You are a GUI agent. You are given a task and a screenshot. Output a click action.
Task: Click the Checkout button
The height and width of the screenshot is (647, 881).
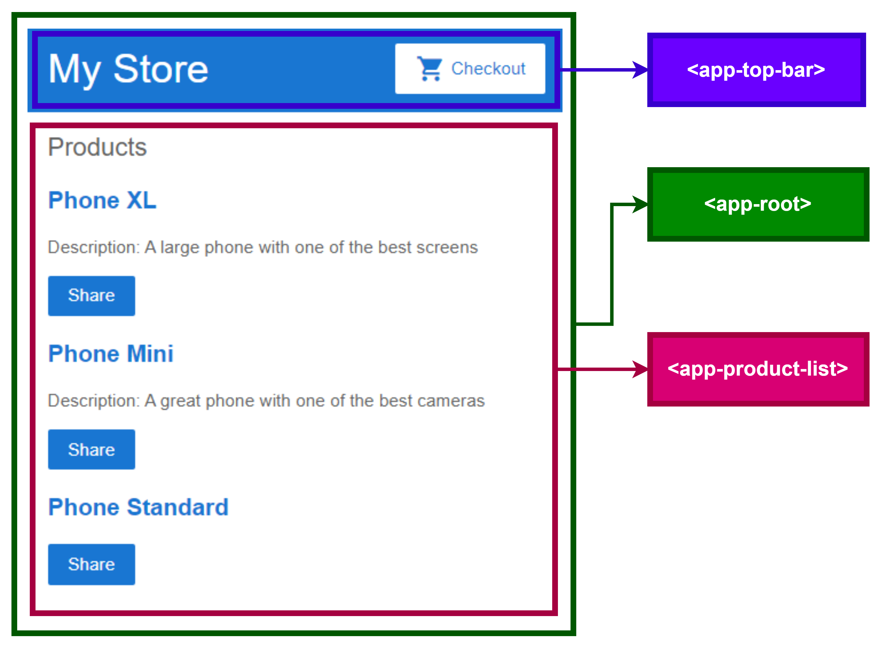point(470,69)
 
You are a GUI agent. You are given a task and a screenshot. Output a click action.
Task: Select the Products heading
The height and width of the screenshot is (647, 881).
point(97,147)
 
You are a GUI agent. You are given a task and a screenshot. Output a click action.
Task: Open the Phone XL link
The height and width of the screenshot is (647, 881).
point(102,200)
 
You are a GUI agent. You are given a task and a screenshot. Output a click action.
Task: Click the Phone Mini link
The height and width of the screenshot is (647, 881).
point(111,354)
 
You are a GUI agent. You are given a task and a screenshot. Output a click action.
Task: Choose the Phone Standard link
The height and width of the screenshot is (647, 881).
point(138,508)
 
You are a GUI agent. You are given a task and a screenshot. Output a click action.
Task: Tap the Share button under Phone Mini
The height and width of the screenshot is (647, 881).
point(91,450)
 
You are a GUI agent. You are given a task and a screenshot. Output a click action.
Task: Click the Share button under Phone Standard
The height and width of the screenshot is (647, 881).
point(91,564)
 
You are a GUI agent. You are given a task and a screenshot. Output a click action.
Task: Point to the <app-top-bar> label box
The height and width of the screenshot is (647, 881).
point(756,70)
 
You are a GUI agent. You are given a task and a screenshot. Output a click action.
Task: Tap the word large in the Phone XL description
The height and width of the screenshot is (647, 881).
point(180,248)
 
